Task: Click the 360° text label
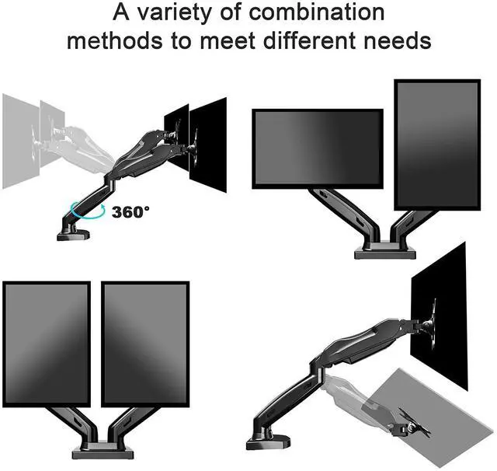pos(130,211)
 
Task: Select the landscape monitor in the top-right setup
pos(318,148)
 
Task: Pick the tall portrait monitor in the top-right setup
pos(437,145)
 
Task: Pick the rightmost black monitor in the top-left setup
pos(208,145)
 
